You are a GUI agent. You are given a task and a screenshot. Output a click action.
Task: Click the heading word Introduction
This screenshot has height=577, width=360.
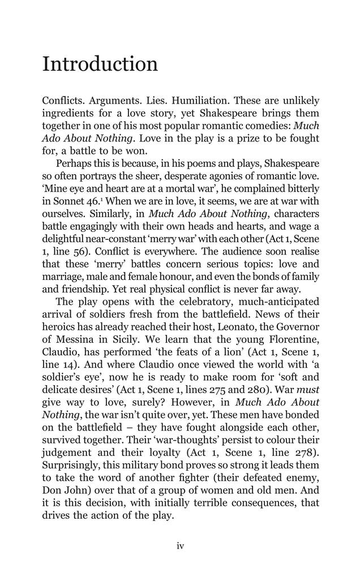(x=100, y=64)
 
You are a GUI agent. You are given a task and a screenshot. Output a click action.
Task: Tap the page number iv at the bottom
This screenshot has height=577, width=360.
(x=180, y=546)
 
